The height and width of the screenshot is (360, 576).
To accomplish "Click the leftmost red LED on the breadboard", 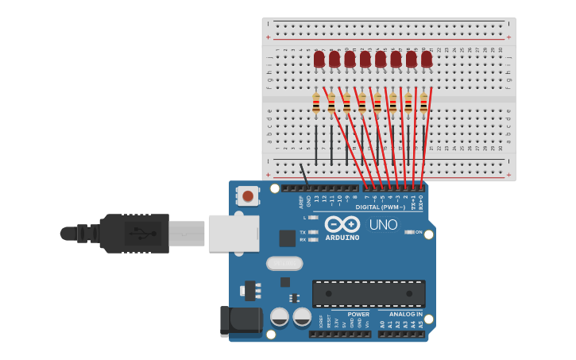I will (x=319, y=59).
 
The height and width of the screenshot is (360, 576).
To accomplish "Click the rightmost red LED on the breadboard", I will (x=427, y=59).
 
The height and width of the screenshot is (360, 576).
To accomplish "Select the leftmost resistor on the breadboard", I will (x=316, y=102).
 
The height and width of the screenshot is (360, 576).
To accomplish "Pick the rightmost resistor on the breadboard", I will (x=423, y=102).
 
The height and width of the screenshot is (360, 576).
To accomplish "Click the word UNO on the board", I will (x=385, y=225).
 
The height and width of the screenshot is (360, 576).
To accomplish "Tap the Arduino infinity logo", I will (x=342, y=224).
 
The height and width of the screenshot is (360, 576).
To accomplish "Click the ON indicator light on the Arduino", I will (x=408, y=232).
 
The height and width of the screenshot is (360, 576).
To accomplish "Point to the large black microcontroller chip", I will (x=369, y=293).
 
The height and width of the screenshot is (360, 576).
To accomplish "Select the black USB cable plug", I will (x=135, y=234).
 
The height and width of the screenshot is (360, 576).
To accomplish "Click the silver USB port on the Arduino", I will (x=234, y=233).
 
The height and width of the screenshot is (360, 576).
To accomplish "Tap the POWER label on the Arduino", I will (x=358, y=314).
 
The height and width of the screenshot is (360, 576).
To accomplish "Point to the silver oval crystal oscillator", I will (x=284, y=263).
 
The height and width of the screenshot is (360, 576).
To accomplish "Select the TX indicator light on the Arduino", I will (x=313, y=232).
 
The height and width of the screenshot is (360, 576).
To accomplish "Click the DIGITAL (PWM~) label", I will (x=380, y=207).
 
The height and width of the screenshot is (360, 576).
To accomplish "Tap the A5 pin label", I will (x=420, y=324).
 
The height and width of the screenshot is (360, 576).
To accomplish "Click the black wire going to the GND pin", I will (x=304, y=175).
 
